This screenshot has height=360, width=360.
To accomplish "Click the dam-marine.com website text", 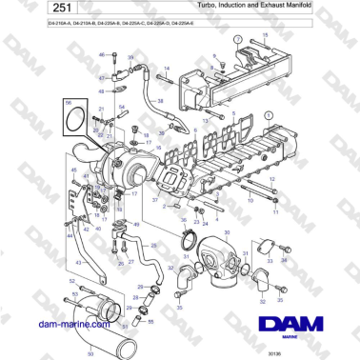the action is click(66, 324).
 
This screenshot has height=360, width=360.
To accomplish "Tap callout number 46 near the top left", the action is click(101, 55).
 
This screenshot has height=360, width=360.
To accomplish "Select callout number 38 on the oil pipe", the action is click(160, 100).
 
